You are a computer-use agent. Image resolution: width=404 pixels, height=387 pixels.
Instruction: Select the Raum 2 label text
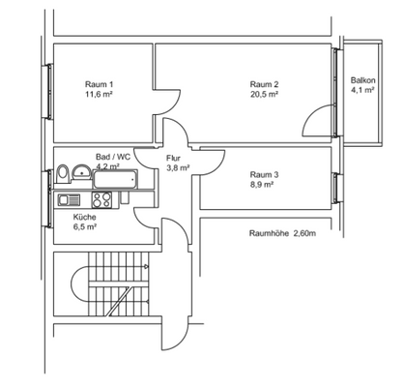265,83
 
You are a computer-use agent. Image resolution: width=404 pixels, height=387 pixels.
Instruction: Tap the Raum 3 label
264,174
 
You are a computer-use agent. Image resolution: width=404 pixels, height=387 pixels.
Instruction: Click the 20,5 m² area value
265,96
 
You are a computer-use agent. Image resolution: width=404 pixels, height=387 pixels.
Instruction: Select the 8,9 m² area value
264,187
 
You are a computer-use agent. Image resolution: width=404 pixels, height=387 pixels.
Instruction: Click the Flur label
175,157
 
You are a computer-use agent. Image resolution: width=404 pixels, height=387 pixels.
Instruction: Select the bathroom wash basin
80,172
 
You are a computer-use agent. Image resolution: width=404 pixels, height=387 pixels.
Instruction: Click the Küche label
85,217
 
